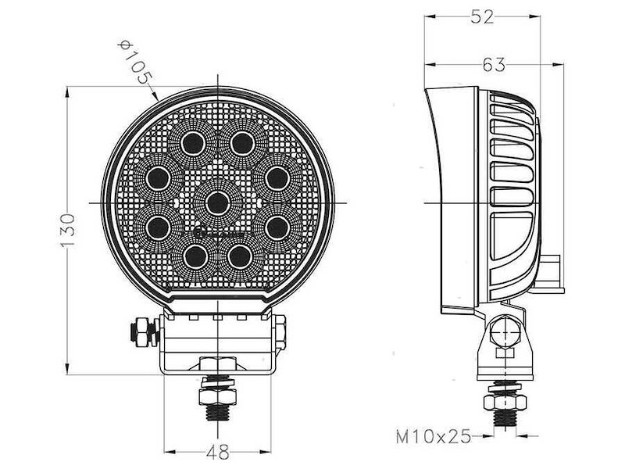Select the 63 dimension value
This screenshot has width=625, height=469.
[x=494, y=65]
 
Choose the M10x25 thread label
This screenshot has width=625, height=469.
[x=434, y=436]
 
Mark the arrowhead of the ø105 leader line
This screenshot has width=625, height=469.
[x=159, y=97]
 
